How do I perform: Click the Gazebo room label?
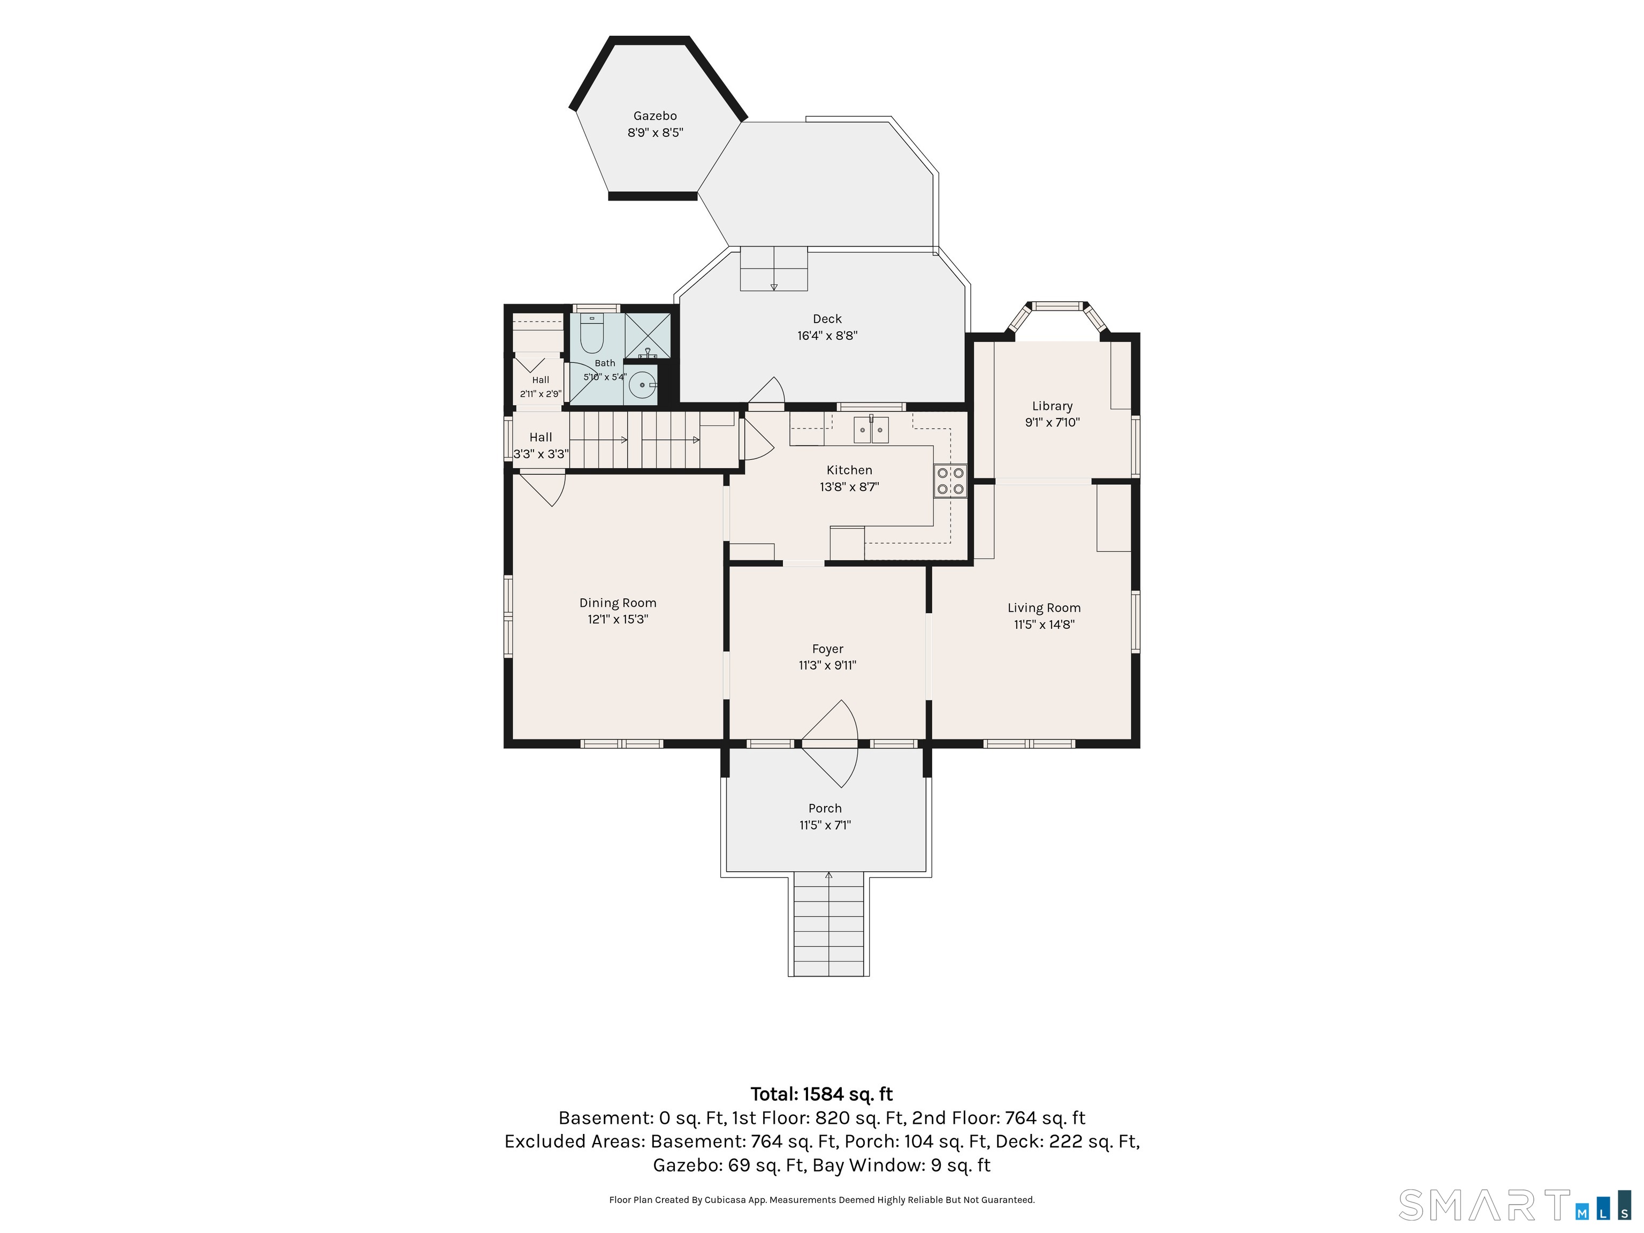coord(655,116)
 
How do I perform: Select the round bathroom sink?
coord(643,385)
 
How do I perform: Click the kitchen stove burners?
coord(950,481)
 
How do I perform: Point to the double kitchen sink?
coord(871,430)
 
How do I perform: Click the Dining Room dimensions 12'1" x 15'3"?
coord(618,619)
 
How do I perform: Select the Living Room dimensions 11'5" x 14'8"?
coord(1044,625)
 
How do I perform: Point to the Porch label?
coord(825,809)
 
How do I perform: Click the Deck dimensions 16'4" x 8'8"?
coord(827,335)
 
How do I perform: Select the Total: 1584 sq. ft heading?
coord(822,1094)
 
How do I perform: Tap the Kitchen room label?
coord(849,470)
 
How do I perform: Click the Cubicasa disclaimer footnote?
coord(822,1200)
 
